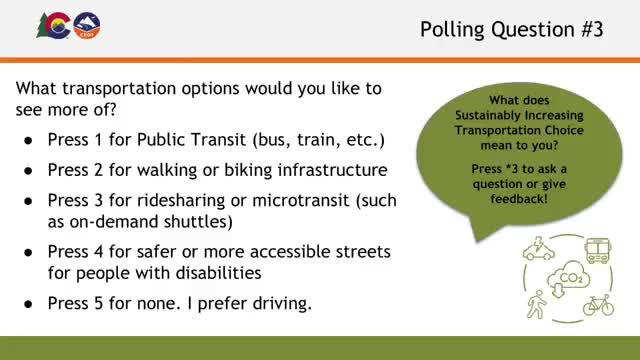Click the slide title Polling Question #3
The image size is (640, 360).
pos(511,29)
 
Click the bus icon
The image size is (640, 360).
pos(598,250)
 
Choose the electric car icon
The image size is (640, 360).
pos(539,249)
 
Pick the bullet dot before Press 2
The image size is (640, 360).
pos(31,170)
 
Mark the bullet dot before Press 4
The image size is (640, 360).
pos(31,251)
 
